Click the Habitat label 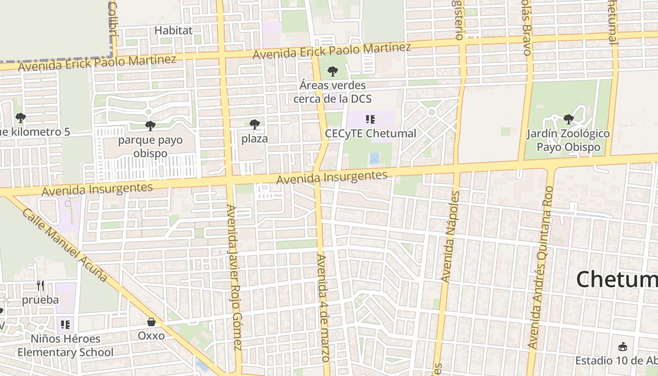(173, 31)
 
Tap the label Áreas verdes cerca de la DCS (332, 92)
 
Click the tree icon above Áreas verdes (333, 72)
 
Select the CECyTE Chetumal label (370, 133)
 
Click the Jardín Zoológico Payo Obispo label (568, 141)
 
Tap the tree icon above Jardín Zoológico (568, 119)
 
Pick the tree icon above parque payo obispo (150, 125)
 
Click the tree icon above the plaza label (254, 125)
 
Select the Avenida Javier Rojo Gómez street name (234, 277)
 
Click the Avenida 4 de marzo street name (323, 308)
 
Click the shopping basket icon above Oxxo (151, 322)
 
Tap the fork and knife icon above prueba (40, 285)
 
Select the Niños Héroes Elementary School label (65, 345)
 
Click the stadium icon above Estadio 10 (623, 347)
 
